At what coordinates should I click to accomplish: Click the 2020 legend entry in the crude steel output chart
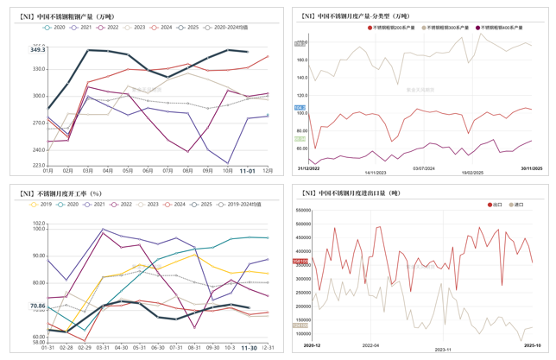click(x=57, y=28)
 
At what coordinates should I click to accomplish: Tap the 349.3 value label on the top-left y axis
click(x=37, y=50)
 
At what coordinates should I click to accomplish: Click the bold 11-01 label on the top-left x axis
click(x=247, y=171)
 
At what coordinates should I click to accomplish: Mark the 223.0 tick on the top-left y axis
click(x=39, y=164)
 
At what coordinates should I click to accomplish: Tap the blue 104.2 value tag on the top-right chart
click(x=300, y=108)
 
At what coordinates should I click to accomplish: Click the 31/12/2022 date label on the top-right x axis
click(x=309, y=169)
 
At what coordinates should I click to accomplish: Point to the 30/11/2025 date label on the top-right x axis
click(x=533, y=169)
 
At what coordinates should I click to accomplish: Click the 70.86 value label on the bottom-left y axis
click(x=37, y=306)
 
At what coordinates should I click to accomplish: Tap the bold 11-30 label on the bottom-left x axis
click(x=248, y=348)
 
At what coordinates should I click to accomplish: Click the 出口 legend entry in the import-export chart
click(x=495, y=205)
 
